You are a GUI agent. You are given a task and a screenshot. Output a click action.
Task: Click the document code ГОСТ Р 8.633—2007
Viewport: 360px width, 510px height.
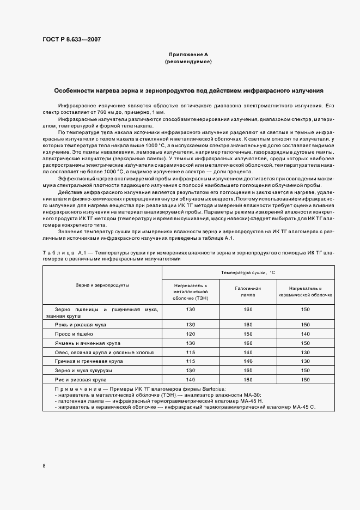click(x=71, y=39)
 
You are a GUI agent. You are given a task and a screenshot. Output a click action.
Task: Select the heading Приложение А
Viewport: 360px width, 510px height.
click(x=188, y=55)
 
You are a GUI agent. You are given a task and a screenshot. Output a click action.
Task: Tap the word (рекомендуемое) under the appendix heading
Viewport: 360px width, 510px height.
click(x=188, y=62)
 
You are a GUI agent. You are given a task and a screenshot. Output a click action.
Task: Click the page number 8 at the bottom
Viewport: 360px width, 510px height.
click(x=44, y=466)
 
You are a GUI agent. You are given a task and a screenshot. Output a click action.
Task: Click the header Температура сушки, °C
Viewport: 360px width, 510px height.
click(x=248, y=271)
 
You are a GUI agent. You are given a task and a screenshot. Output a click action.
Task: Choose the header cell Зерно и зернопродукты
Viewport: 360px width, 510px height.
click(x=102, y=285)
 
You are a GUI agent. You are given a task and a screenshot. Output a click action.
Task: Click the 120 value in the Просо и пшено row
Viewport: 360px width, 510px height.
click(x=190, y=334)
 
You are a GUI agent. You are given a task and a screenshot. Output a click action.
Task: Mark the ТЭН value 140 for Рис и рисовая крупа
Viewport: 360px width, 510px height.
click(x=190, y=379)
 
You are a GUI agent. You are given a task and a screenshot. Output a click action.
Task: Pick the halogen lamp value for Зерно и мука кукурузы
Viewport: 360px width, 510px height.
click(x=248, y=371)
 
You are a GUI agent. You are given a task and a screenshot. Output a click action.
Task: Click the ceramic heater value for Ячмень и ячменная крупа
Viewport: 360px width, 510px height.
click(x=306, y=343)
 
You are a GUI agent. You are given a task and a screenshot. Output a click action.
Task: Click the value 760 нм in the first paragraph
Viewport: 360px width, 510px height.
click(x=106, y=112)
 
